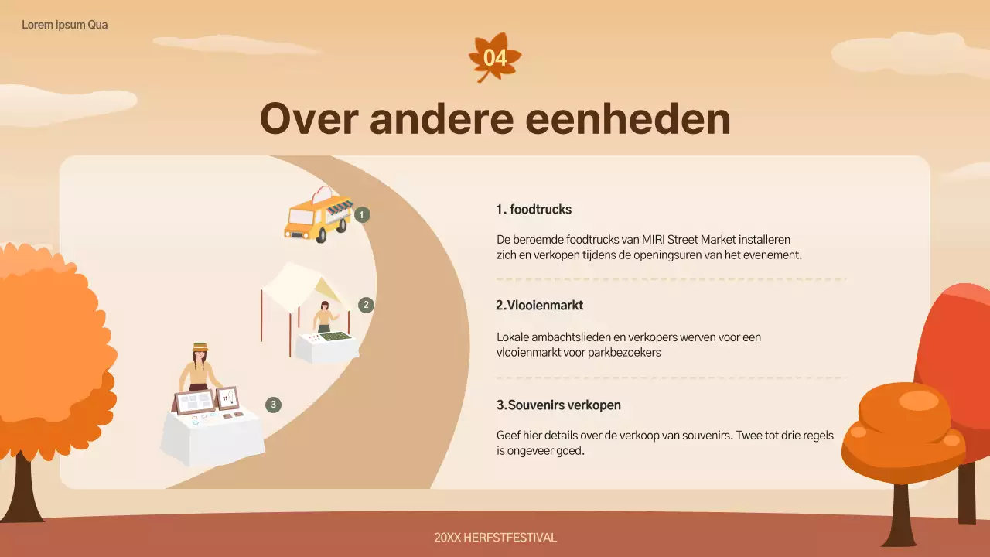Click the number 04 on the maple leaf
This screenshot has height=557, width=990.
coord(495,58)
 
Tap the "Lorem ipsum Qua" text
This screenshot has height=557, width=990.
coord(65,25)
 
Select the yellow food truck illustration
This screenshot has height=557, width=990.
coord(317,216)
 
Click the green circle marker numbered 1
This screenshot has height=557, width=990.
coord(363,214)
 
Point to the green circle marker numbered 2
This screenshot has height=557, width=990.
coord(366,305)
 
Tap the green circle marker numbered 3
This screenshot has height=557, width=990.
coord(272,404)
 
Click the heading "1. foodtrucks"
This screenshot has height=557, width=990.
coord(534,210)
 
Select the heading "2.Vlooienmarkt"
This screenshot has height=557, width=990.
coord(539,306)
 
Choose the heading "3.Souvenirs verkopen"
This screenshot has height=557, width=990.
coord(558,405)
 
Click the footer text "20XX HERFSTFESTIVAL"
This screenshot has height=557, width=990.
coord(495,538)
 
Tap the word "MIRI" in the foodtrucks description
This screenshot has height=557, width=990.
coord(657,240)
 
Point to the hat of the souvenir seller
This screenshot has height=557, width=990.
coord(200,347)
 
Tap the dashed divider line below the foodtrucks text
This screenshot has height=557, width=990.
coord(671,279)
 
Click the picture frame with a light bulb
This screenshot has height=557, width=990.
coord(227,398)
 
